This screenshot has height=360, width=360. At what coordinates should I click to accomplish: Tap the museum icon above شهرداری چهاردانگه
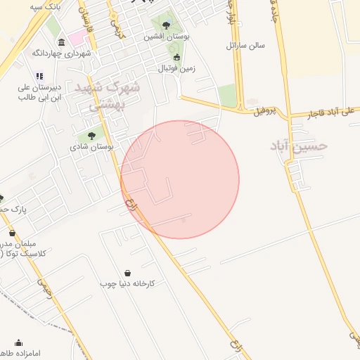click(62, 41)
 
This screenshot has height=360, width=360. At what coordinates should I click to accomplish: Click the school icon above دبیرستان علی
click(39, 75)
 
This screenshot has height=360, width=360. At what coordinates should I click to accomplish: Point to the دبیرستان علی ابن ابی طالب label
click(40, 91)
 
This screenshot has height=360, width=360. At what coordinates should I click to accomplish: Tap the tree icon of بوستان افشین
click(166, 25)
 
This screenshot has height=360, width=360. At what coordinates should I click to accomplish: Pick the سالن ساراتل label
click(245, 45)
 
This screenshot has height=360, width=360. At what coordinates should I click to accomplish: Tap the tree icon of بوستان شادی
click(91, 136)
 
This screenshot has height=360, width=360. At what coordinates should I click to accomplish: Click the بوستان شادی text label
click(91, 148)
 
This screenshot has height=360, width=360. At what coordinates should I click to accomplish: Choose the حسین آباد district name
click(299, 146)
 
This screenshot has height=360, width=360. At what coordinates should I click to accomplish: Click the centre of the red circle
click(180, 179)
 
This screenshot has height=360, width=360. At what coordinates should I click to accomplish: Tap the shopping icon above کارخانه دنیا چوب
click(127, 273)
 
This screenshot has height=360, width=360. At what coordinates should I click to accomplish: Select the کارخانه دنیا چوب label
click(127, 283)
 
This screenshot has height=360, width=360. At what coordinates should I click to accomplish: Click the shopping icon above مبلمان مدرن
click(12, 233)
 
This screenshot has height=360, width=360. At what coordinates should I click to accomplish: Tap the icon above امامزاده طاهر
click(18, 343)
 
